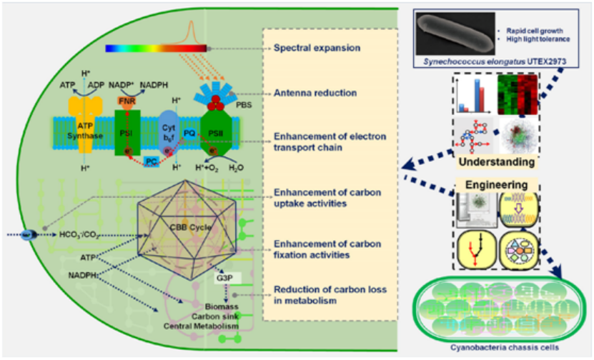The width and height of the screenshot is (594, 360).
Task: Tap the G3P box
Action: click(x=224, y=276)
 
